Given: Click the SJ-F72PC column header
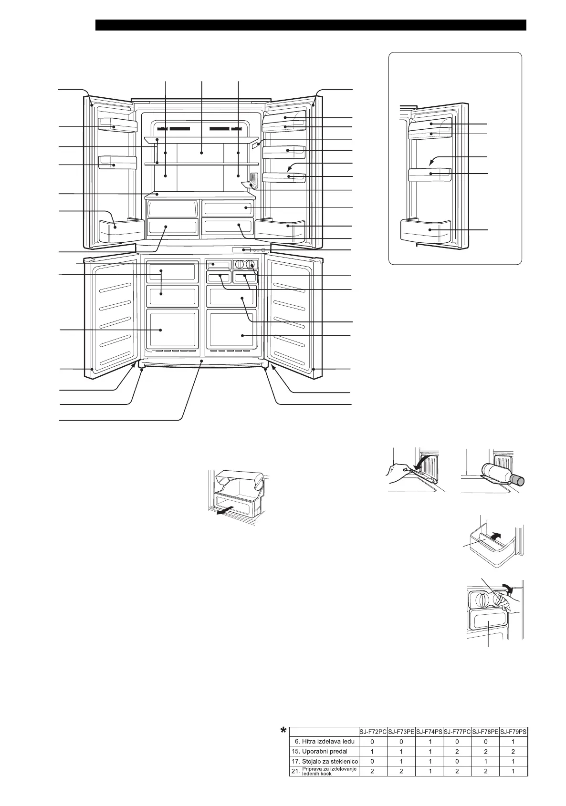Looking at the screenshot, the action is click(372, 732).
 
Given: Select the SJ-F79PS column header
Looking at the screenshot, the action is click(514, 732).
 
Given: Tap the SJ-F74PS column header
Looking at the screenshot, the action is click(429, 732).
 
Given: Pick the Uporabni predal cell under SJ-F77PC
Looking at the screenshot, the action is click(457, 751).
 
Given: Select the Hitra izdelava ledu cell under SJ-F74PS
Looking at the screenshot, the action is click(430, 742).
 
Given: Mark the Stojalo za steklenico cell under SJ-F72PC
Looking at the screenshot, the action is click(372, 761).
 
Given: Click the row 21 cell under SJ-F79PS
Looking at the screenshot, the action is click(513, 771).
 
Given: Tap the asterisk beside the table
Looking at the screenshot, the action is click(284, 731).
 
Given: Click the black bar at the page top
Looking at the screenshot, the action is click(311, 25).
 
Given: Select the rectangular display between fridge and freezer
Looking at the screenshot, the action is click(241, 250).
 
